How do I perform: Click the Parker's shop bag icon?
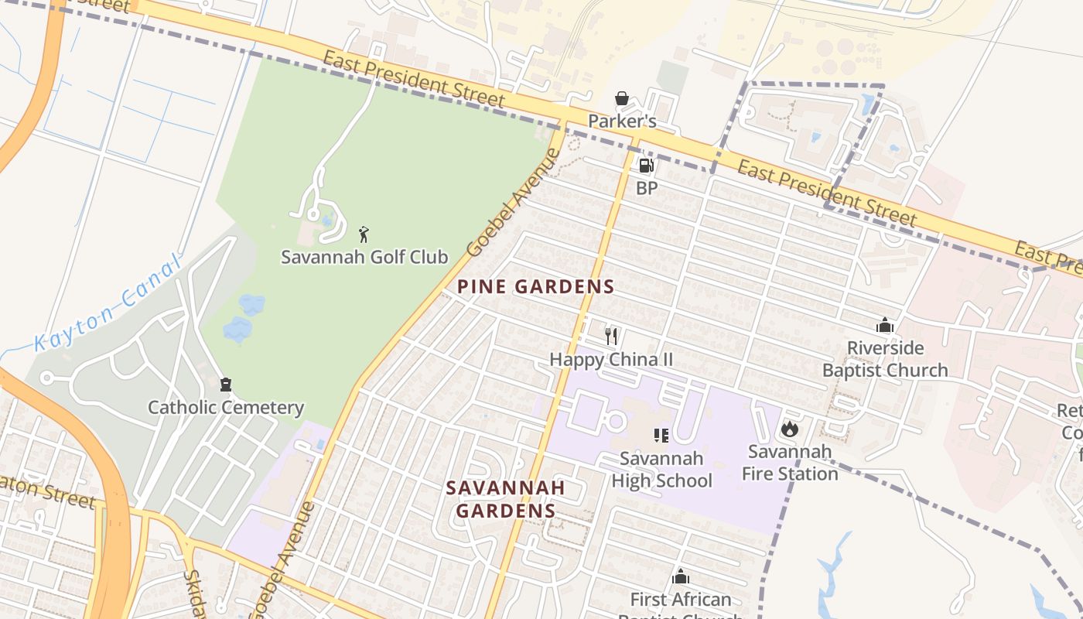(x=621, y=99)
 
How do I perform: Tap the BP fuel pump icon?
(x=645, y=165)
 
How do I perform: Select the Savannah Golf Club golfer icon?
(x=364, y=234)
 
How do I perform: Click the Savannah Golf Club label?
(x=364, y=257)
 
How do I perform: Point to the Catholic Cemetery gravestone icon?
(x=226, y=385)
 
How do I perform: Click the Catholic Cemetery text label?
(x=226, y=408)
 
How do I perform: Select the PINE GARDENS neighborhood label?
(x=535, y=287)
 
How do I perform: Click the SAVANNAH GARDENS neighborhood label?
(x=505, y=499)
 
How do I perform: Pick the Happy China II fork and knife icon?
(x=611, y=336)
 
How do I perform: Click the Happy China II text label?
(x=611, y=360)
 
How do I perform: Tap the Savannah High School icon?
(x=661, y=436)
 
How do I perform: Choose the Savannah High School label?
(x=661, y=470)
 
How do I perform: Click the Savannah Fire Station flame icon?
(x=789, y=428)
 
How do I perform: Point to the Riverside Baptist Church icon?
(x=885, y=326)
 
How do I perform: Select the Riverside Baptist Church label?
(x=885, y=359)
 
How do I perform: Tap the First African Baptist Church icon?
(x=681, y=576)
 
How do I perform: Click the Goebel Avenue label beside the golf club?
(x=512, y=203)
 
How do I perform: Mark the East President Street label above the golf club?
(x=414, y=80)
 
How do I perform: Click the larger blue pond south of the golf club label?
(x=238, y=329)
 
